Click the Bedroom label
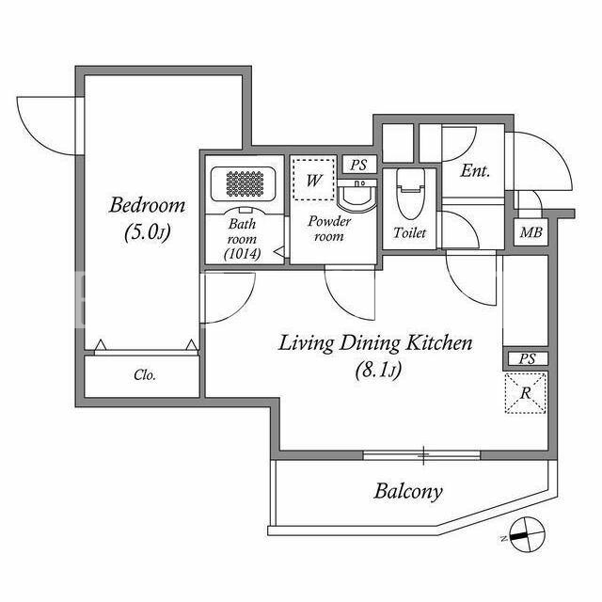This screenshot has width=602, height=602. coord(148,205)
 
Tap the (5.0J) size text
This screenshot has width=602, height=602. coord(148,232)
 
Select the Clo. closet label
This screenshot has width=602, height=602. coord(145,375)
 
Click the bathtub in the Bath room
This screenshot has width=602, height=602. coord(244,183)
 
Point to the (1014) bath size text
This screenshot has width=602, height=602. coord(243,253)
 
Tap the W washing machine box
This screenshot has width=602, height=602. coord(313,180)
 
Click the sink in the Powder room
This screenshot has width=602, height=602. coord(356,195)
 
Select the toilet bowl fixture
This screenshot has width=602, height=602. coord(410,193)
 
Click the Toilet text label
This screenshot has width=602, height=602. coord(410,232)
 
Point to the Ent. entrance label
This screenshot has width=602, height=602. coord(475,171)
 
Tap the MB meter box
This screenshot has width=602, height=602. coord(531,232)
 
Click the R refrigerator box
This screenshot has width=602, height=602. coord(526,393)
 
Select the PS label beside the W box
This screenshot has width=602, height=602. coord(358,166)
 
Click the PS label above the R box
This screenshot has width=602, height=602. coord(527,359)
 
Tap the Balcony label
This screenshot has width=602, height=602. coord(408,491)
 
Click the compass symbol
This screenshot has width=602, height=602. coord(528,534)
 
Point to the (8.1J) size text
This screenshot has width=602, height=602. coord(378,371)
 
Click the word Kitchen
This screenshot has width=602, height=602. coord(439,342)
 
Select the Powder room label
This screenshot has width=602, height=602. coord(329,229)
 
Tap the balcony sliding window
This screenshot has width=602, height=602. coord(421,455)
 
